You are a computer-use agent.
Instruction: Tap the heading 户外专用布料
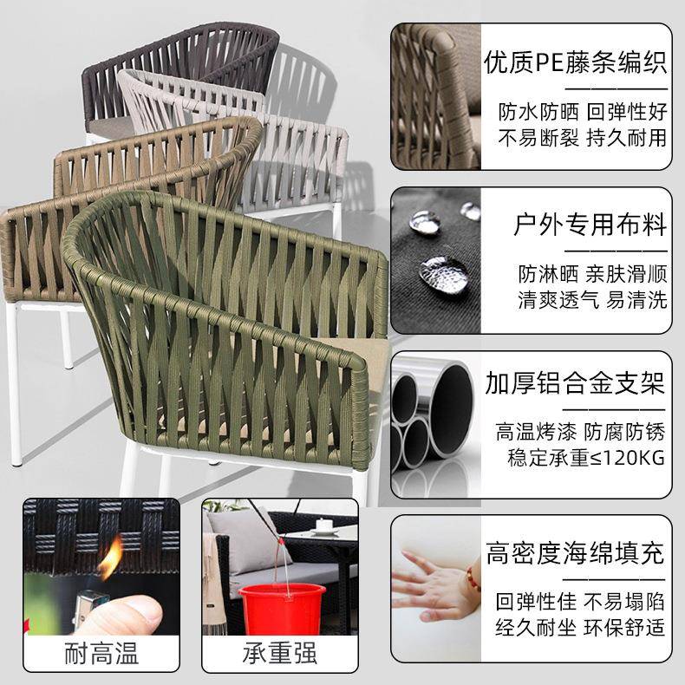(x=590, y=226)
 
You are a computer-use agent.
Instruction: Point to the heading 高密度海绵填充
(x=575, y=551)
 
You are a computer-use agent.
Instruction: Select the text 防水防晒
(x=530, y=113)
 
